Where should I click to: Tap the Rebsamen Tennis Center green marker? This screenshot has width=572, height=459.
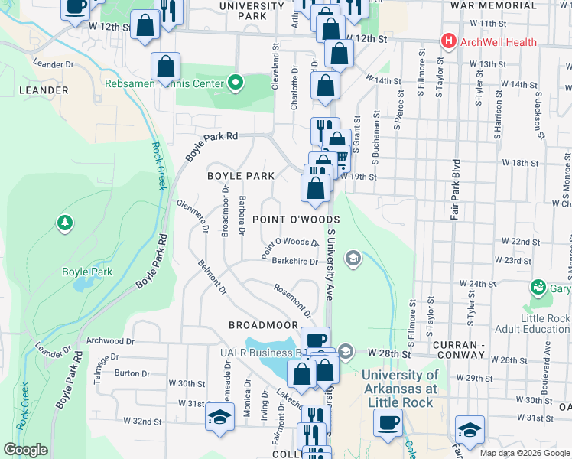[x=236, y=83]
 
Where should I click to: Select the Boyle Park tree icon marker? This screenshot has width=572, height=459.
[x=66, y=223]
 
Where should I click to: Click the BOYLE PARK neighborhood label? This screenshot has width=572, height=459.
[x=241, y=176]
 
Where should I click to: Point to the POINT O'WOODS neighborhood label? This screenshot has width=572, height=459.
[x=295, y=220]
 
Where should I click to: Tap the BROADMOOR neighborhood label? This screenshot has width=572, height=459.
[x=262, y=325]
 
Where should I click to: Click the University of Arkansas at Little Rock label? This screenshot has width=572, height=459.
[x=400, y=388]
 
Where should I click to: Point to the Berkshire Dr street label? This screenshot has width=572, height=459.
[x=294, y=259]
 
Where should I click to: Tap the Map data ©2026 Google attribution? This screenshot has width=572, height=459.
[x=525, y=453]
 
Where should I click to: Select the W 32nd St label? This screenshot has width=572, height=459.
[x=143, y=421]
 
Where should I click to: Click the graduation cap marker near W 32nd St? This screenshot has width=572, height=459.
[x=219, y=417]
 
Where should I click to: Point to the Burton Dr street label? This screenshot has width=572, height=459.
[x=132, y=373]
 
